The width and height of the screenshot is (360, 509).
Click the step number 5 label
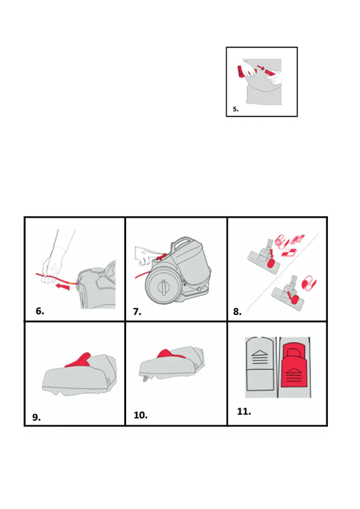[x=236, y=109]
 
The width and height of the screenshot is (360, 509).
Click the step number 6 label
[x=40, y=311]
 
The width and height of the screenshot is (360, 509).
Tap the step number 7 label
[x=137, y=312]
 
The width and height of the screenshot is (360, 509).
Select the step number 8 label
[x=237, y=312]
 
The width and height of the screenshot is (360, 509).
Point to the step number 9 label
[x=36, y=417]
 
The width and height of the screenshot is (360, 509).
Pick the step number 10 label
[x=141, y=415]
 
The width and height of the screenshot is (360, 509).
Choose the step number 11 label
[x=244, y=411]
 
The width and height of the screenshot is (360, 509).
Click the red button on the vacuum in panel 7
[x=161, y=257]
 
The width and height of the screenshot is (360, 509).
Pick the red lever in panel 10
[x=170, y=354]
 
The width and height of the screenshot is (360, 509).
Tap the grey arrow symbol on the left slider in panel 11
[x=260, y=357]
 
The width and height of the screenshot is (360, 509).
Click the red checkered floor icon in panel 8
[x=289, y=253]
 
